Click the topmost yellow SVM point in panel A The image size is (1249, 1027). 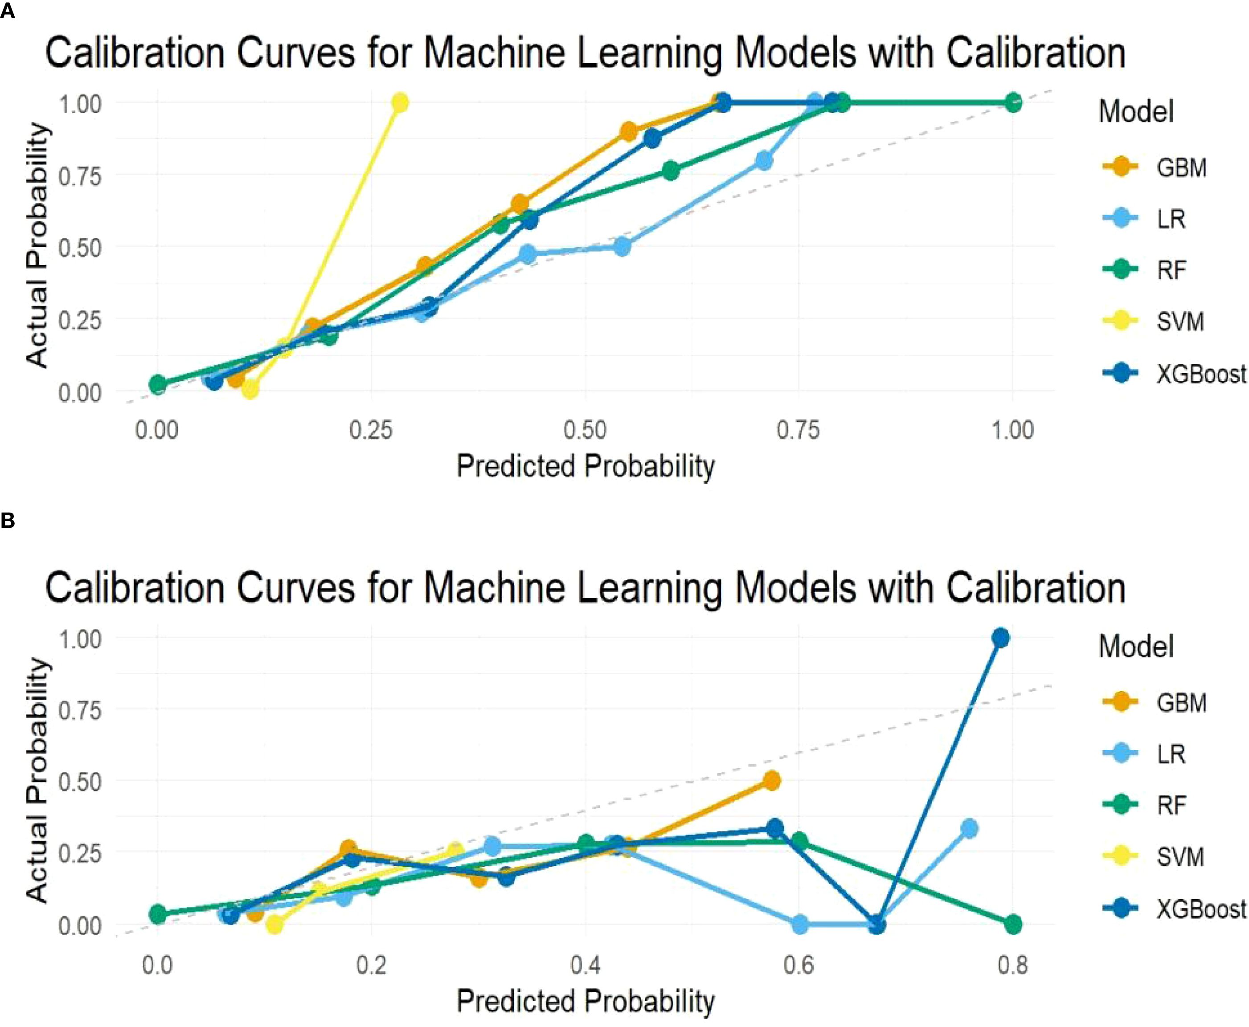pos(400,102)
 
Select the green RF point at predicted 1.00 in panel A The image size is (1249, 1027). pos(1013,102)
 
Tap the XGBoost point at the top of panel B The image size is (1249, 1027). pos(1000,638)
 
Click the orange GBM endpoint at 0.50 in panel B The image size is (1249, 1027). pos(771,781)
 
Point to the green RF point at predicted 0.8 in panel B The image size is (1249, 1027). pos(1013,924)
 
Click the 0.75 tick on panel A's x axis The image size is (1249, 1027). pos(799,430)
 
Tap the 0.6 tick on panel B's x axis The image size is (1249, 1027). pos(799,966)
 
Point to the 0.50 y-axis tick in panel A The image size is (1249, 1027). pos(79,247)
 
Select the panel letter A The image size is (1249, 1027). pos(7,10)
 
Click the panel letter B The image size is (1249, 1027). pos(7,521)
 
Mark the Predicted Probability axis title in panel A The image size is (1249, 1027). pos(586,466)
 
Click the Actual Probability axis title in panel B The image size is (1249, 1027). pos(37,781)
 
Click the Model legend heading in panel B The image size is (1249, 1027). pos(1135,646)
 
